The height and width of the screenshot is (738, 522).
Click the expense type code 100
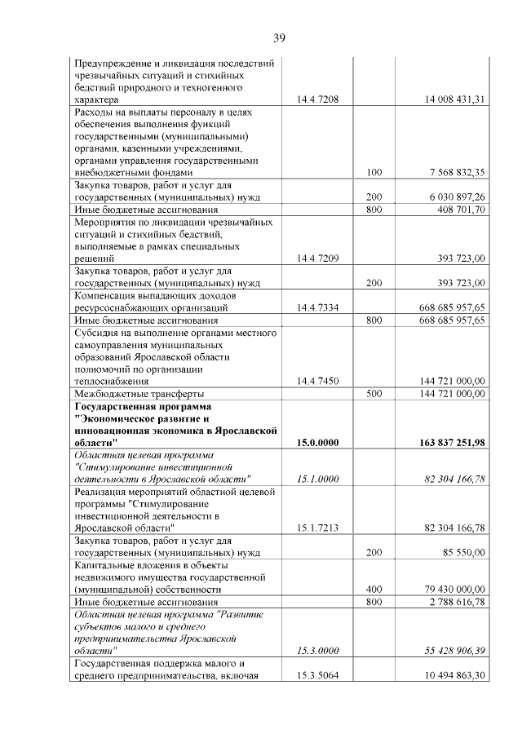(374, 172)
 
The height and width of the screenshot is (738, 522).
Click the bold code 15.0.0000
(317, 442)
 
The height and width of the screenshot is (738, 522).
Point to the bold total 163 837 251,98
(449, 442)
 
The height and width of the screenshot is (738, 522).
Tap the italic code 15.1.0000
(317, 479)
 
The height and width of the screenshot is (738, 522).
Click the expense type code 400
(374, 589)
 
